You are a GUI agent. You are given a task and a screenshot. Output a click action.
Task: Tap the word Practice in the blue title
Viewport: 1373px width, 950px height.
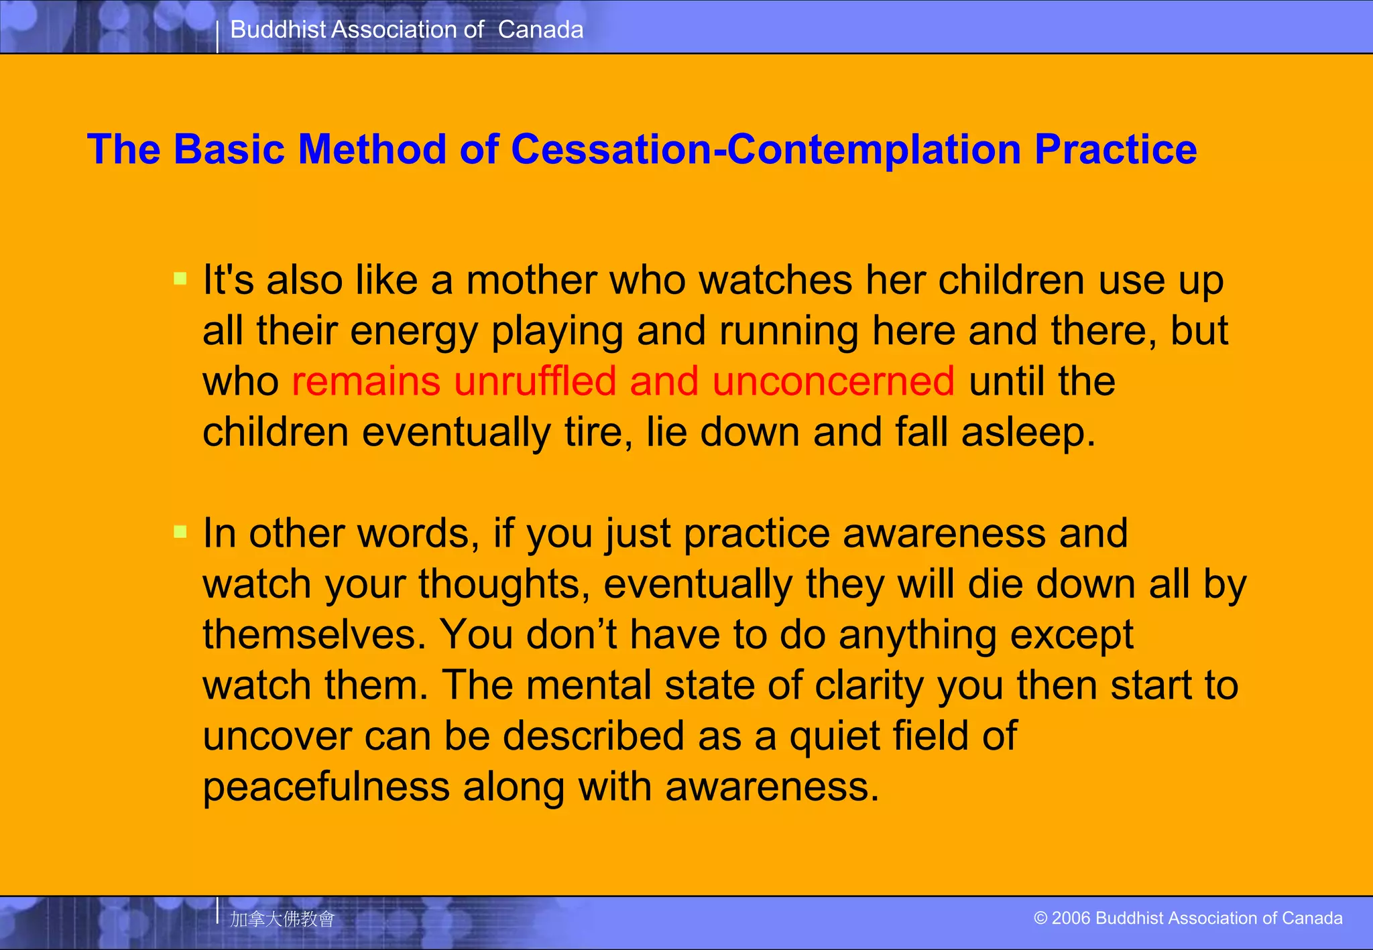pos(1116,149)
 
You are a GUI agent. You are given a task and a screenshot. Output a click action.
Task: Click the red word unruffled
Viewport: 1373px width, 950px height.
pos(535,381)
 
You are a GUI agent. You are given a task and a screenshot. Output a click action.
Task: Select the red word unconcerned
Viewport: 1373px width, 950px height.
pos(833,381)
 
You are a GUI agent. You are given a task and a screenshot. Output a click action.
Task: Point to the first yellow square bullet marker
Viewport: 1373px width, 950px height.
pos(180,278)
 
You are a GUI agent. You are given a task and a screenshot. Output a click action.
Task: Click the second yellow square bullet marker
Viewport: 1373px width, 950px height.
pos(180,532)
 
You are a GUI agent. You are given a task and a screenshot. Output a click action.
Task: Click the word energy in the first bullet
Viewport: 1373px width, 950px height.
pos(413,332)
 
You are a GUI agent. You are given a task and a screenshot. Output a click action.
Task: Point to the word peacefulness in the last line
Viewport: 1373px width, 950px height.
pos(326,787)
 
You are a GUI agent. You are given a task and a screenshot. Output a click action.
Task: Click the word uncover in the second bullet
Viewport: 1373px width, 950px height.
pos(276,736)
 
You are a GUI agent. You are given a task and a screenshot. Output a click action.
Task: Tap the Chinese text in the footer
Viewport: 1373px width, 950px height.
pos(282,919)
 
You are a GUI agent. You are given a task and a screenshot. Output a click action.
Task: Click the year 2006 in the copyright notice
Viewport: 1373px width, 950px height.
pos(1071,918)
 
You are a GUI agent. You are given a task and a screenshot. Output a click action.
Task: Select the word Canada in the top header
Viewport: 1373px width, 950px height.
pos(540,29)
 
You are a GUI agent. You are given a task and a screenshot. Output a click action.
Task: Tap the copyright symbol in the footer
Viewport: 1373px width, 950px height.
pos(1040,918)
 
